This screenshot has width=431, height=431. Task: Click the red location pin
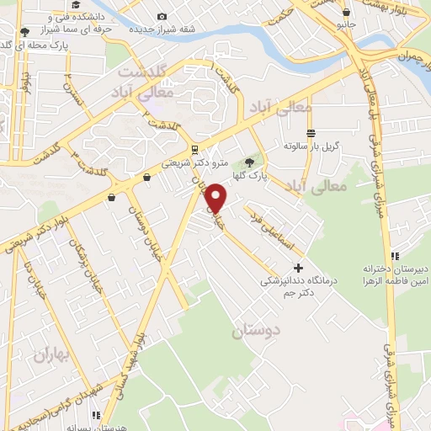point(216,198)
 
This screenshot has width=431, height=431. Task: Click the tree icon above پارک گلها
point(247,162)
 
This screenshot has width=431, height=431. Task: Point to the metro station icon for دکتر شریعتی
point(194,150)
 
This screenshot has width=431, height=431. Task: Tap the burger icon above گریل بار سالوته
point(311,133)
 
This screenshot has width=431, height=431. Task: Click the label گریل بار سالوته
point(311,146)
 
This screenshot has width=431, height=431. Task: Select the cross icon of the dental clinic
point(297,267)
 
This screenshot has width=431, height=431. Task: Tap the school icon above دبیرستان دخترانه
point(394,256)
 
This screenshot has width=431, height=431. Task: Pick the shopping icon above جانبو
point(347,12)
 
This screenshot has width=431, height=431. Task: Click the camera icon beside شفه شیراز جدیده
point(162,16)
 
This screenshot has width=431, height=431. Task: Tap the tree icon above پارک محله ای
point(24,32)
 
